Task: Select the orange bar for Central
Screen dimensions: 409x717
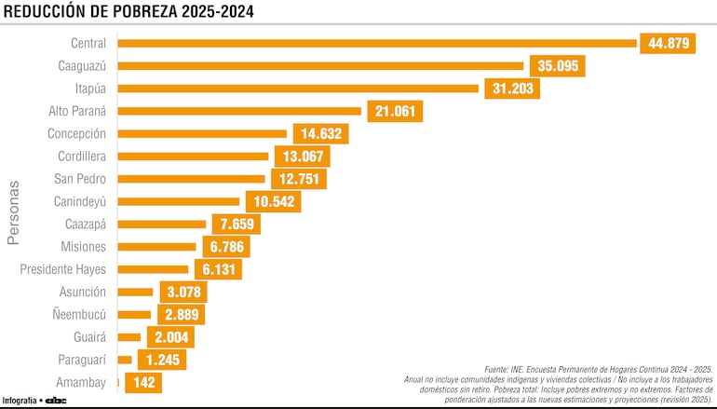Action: coord(376,43)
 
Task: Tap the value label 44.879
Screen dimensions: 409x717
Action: coord(667,43)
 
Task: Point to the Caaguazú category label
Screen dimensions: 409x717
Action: coord(78,65)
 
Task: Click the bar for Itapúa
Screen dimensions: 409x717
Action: coord(298,89)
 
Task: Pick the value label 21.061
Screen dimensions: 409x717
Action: coord(395,111)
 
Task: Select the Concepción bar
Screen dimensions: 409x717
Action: coord(202,133)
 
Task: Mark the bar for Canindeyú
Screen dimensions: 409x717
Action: coord(179,201)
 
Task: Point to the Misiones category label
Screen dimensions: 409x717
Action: coord(83,247)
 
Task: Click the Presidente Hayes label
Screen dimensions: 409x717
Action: coord(63,269)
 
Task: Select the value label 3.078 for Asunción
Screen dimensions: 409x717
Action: coord(182,293)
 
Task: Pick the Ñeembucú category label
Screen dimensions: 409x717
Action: coord(78,315)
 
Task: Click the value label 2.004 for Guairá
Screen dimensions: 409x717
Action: coord(170,337)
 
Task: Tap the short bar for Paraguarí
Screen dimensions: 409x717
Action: coord(125,360)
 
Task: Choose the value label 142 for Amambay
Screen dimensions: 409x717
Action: coord(143,383)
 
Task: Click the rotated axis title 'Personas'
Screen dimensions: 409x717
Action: coord(13,212)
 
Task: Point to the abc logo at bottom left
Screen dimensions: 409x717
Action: coord(56,401)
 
